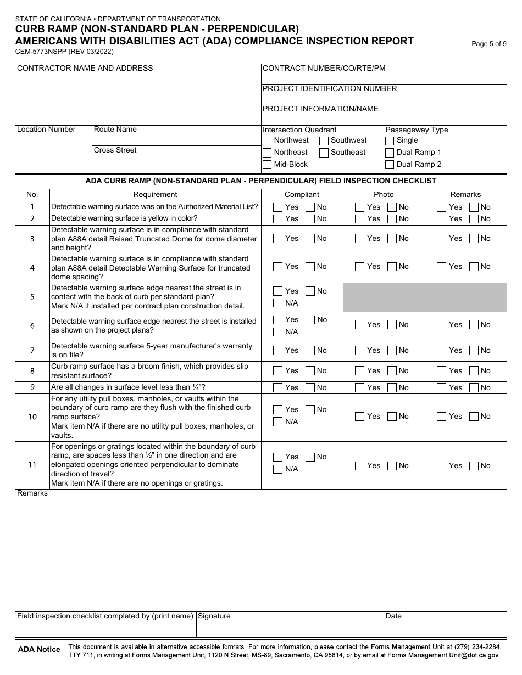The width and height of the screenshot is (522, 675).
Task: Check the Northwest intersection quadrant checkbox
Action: click(267, 140)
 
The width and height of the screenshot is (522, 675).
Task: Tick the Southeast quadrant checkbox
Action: click(324, 153)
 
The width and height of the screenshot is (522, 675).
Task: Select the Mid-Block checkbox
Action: click(267, 165)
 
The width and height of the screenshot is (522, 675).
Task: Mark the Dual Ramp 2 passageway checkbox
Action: click(390, 165)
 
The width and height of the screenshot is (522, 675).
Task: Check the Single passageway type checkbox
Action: click(390, 140)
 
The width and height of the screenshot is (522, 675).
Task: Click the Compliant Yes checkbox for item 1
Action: click(278, 207)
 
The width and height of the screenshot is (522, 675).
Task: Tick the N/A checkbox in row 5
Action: click(278, 303)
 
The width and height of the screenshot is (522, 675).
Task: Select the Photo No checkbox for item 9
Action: click(392, 388)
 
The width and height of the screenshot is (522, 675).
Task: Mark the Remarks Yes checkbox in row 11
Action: click(442, 466)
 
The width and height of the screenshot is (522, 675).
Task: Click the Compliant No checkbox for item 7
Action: click(310, 351)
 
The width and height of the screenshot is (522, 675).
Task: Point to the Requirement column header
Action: click(155, 195)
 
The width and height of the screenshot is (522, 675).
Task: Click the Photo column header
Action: click(384, 195)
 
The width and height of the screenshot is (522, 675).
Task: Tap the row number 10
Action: click(32, 417)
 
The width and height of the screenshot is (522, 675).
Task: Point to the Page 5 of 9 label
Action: click(489, 44)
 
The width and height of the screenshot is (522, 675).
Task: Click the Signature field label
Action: click(214, 616)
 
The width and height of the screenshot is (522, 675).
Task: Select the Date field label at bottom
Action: click(393, 616)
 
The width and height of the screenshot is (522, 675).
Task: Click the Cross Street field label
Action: click(115, 150)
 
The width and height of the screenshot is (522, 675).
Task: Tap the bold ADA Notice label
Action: click(39, 650)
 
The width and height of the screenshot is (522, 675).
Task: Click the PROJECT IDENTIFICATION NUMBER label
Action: click(330, 89)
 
